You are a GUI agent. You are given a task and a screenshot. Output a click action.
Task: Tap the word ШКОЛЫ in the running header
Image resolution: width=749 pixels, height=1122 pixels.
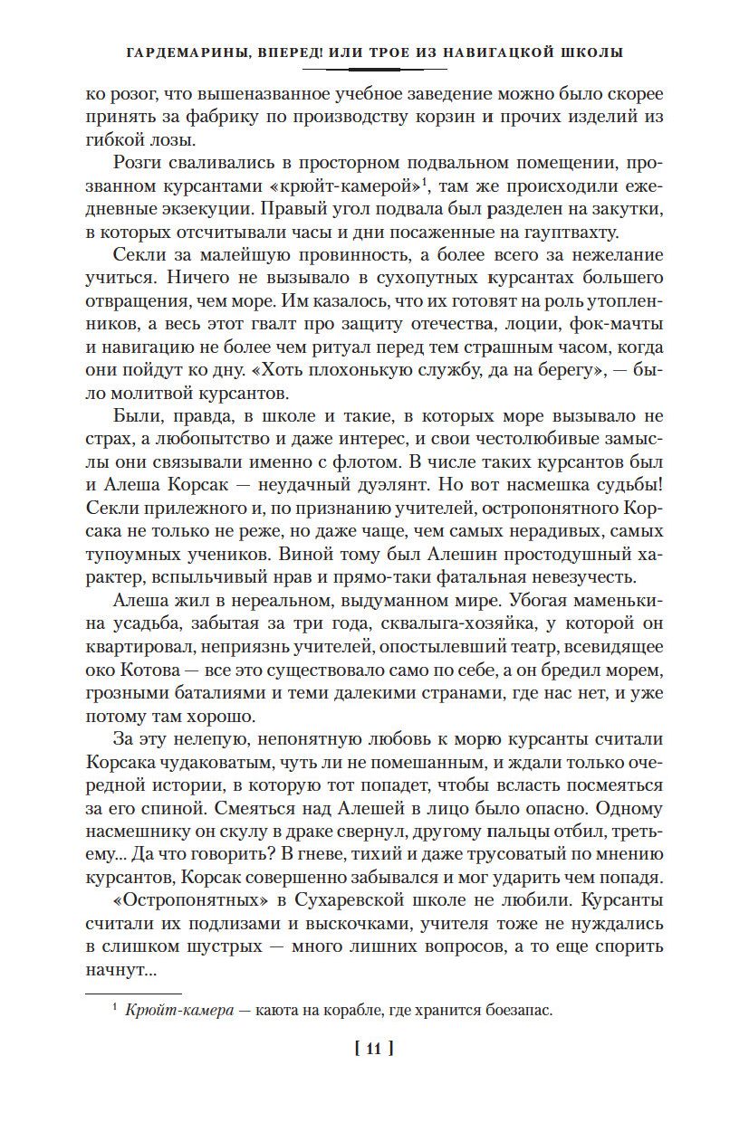(x=590, y=52)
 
